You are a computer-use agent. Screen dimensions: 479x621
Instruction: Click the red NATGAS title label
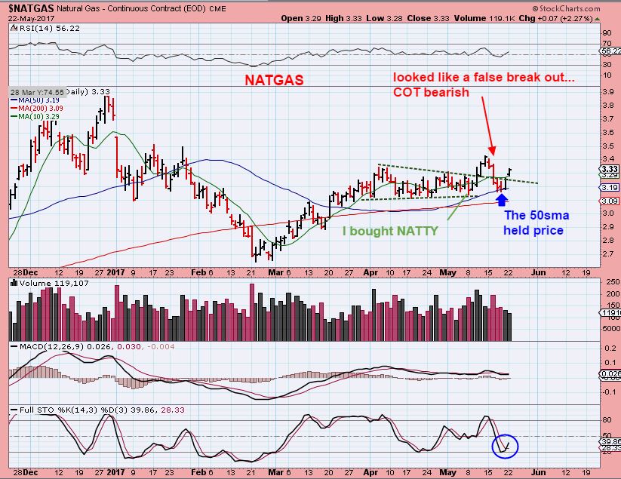point(273,79)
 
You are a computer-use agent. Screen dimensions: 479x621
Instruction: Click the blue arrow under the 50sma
point(503,198)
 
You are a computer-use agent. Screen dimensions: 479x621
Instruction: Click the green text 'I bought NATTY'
point(390,231)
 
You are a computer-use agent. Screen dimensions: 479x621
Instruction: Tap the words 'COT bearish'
point(432,93)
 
